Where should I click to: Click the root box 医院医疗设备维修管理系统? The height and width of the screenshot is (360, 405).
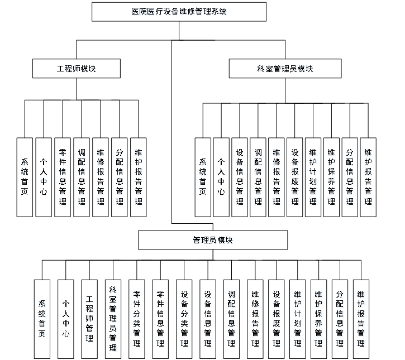tap(179, 11)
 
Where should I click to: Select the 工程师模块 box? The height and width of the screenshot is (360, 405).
tap(77, 69)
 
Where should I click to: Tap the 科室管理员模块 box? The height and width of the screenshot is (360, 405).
tap(285, 69)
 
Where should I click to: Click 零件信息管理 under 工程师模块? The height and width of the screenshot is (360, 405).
tap(63, 177)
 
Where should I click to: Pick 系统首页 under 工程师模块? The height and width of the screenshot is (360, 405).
tap(25, 177)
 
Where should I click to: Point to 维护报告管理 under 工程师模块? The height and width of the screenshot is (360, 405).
tap(138, 177)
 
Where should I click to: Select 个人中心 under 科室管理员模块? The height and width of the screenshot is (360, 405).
tap(221, 177)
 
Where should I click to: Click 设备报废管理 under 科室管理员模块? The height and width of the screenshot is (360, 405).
tap(294, 177)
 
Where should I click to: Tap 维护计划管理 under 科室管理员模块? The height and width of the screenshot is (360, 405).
tap(313, 177)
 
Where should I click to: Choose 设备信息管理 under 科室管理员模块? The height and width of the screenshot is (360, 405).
tap(240, 177)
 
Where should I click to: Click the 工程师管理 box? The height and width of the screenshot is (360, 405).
tap(89, 319)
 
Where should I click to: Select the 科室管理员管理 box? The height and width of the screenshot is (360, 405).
tap(113, 319)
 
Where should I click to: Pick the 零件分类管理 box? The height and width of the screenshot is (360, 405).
tap(137, 319)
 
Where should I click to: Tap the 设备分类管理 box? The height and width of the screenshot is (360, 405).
tap(184, 319)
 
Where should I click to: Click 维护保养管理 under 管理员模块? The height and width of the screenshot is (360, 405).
tap(318, 319)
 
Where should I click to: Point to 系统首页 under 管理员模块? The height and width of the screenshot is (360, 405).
tap(42, 319)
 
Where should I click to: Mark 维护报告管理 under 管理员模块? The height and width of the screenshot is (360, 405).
tap(361, 319)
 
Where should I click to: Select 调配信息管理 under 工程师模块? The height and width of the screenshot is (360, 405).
tap(82, 177)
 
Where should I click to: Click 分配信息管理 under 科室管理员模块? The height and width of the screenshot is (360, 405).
tap(350, 177)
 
